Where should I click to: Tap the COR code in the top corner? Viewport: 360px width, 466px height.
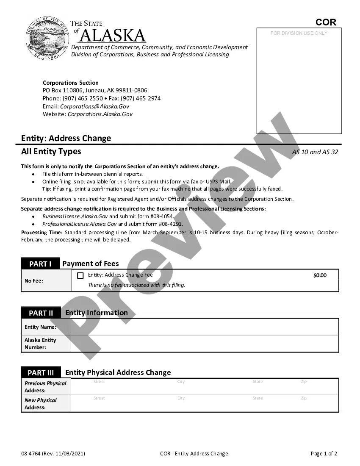click(x=326, y=22)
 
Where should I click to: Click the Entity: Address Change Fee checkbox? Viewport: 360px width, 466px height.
click(x=80, y=276)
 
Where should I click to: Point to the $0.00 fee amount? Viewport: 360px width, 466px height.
click(x=320, y=275)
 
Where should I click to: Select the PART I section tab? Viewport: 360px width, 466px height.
click(x=40, y=264)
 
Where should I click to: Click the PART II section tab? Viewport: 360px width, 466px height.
click(x=41, y=313)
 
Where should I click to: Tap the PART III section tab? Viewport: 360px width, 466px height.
click(x=41, y=373)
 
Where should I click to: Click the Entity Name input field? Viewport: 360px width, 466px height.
click(x=205, y=327)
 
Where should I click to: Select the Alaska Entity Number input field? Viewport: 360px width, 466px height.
click(x=205, y=344)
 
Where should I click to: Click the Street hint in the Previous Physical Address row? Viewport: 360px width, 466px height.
click(x=99, y=382)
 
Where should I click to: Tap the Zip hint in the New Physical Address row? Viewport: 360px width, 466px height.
click(x=304, y=398)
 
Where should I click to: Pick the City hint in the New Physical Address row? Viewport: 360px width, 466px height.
click(x=181, y=398)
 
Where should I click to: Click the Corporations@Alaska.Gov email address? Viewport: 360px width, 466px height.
click(x=94, y=106)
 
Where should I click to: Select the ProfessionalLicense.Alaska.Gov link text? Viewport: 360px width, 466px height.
click(x=79, y=224)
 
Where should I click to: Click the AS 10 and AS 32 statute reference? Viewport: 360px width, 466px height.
click(x=315, y=152)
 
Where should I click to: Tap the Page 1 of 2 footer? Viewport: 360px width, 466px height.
click(x=324, y=454)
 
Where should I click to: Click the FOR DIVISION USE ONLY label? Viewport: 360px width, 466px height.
click(x=299, y=33)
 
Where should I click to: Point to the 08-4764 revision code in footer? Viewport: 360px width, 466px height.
click(x=31, y=454)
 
